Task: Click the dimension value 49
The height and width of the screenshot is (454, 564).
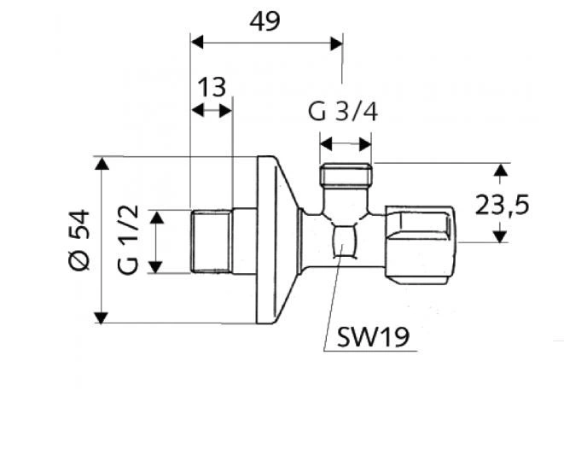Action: (x=265, y=21)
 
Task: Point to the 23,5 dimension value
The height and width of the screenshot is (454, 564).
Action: (x=505, y=205)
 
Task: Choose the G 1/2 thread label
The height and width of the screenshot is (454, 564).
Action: (x=127, y=241)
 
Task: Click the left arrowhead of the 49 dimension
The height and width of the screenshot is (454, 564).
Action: (x=196, y=40)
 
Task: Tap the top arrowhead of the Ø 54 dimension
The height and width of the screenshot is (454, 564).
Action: (x=102, y=163)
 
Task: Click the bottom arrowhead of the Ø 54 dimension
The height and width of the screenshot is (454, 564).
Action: (x=102, y=317)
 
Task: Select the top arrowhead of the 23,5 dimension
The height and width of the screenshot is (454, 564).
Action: (x=501, y=170)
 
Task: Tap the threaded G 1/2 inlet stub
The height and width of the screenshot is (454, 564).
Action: (x=211, y=242)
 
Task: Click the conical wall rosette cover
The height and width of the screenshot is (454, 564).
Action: (x=277, y=239)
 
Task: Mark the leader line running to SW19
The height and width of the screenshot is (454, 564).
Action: (x=333, y=299)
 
